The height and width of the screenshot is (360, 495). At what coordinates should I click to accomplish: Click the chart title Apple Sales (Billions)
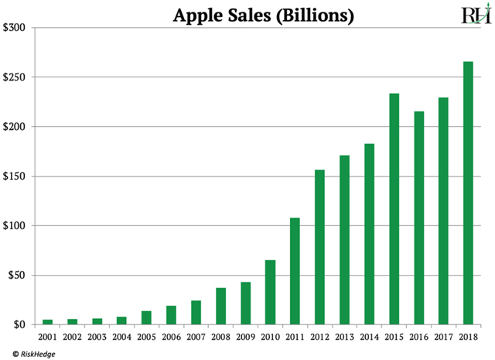tap(252, 15)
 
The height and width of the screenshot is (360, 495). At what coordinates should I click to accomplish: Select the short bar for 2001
tap(47, 321)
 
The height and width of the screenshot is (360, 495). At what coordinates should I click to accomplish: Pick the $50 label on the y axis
tap(17, 275)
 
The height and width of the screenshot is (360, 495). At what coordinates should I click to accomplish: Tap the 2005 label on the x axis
tap(146, 337)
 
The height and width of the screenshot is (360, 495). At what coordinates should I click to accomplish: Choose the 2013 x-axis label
tap(344, 337)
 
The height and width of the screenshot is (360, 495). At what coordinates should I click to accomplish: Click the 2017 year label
tap(443, 337)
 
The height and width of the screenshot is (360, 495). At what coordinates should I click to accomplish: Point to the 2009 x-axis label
tap(245, 337)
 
